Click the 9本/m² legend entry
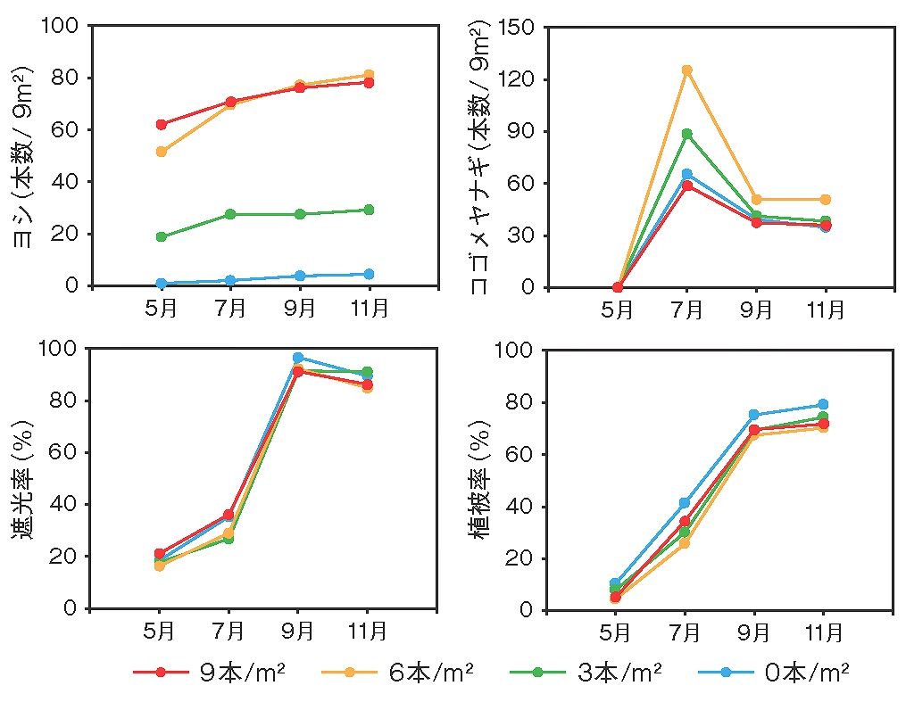[209, 672]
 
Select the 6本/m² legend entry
[397, 672]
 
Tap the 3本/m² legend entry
[586, 672]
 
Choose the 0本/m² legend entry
[774, 672]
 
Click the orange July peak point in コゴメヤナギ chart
[687, 70]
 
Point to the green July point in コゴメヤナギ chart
[687, 134]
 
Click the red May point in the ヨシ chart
[162, 125]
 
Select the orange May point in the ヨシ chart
[162, 152]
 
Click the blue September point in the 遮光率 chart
[298, 358]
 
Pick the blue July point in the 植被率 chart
[685, 503]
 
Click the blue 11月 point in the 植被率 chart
[823, 404]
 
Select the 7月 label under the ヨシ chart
[230, 309]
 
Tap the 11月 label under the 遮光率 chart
[367, 631]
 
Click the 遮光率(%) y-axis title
[22, 480]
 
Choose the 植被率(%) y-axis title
[479, 480]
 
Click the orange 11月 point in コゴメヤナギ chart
[826, 200]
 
